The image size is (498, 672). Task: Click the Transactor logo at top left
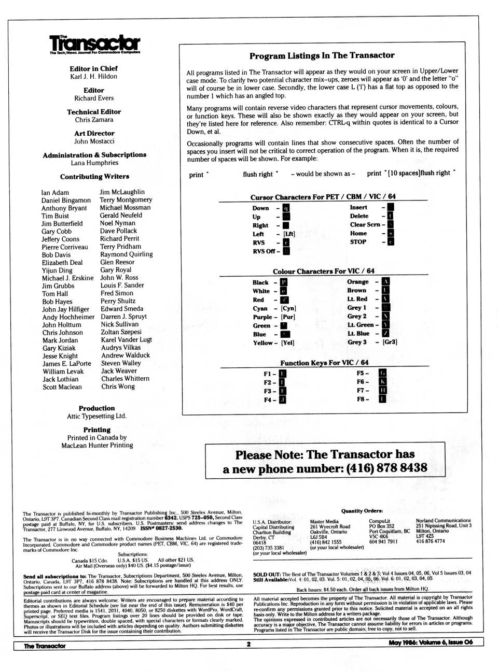[x=95, y=44]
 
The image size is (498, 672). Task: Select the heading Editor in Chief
[x=94, y=68]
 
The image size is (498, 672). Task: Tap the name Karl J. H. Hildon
[x=94, y=76]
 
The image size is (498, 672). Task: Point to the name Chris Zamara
[x=94, y=120]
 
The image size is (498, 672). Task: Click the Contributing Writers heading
[x=94, y=176]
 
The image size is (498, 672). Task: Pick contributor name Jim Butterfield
[x=62, y=223]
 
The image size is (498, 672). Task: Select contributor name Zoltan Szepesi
[x=121, y=332]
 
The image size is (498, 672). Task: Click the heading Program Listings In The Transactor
[x=322, y=55]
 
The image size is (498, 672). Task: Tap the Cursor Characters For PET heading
[x=323, y=196]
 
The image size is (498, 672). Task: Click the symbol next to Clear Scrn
[x=391, y=224]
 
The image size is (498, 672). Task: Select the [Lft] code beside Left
[x=289, y=234]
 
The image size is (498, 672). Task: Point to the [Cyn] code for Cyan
[x=288, y=308]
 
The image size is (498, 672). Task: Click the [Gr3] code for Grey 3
[x=390, y=342]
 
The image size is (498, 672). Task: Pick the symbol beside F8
[x=382, y=399]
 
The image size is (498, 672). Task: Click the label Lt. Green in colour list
[x=361, y=325]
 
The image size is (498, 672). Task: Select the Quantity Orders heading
[x=362, y=511]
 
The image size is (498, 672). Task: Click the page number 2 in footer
[x=248, y=644]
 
